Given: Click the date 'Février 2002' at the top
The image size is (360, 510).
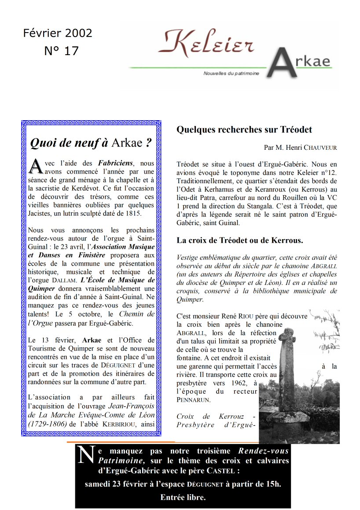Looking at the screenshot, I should point(58,33).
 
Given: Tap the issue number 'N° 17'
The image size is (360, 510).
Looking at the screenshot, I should point(61,51).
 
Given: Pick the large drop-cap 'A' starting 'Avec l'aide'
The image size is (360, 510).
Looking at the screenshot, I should point(36,166).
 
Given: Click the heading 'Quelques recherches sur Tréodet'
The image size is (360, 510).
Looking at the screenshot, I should point(244,129).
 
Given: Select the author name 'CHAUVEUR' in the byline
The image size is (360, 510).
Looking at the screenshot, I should point(320,148).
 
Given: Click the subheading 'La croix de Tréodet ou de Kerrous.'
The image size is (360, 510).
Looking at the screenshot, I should point(239,240).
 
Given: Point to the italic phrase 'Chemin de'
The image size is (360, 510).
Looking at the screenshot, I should point(137,314).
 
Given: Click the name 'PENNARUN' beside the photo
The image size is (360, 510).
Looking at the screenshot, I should point(194,400).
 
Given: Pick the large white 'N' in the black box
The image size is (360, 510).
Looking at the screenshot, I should point(86,455).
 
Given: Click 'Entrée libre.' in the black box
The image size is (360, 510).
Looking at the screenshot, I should point(183,498).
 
